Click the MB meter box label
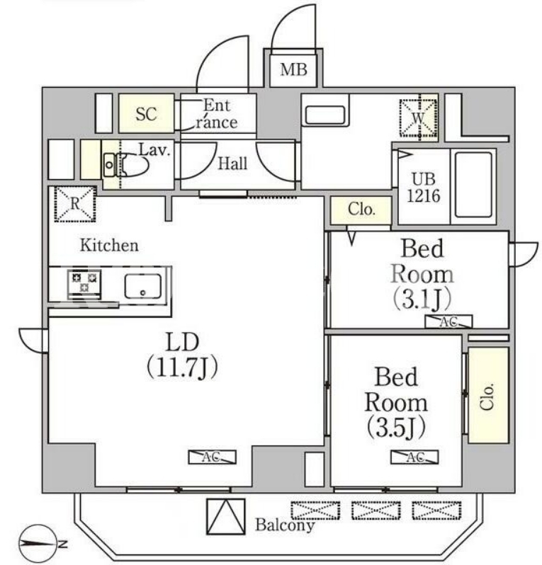pyautogui.click(x=293, y=69)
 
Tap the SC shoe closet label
pyautogui.click(x=146, y=114)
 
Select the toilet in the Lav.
pyautogui.click(x=127, y=165)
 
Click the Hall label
pyautogui.click(x=232, y=164)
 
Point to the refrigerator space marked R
pyautogui.click(x=75, y=204)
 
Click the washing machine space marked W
pyautogui.click(x=418, y=118)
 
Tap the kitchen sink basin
pyautogui.click(x=143, y=286)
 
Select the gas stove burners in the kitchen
pyautogui.click(x=84, y=282)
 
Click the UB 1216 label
pyautogui.click(x=424, y=188)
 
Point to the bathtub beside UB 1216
pyautogui.click(x=473, y=185)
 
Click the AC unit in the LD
pyautogui.click(x=212, y=457)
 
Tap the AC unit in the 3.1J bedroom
pyautogui.click(x=448, y=321)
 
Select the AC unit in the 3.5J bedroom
pyautogui.click(x=414, y=457)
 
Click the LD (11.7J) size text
pyautogui.click(x=182, y=355)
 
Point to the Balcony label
pyautogui.click(x=285, y=525)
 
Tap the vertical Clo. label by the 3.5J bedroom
pyautogui.click(x=487, y=397)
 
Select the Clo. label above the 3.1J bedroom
pyautogui.click(x=361, y=210)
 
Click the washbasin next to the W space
pyautogui.click(x=325, y=115)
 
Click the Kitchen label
pyautogui.click(x=109, y=246)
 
